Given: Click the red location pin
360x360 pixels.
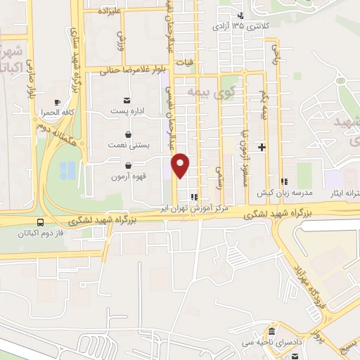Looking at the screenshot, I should tap(181, 165).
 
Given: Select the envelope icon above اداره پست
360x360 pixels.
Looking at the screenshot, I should tap(127, 101).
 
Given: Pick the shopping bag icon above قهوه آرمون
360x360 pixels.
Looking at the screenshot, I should tap(127, 165).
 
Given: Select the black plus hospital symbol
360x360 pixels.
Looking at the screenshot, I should tap(262, 147).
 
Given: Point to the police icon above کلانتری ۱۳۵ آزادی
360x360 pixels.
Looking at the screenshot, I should tap(241, 16).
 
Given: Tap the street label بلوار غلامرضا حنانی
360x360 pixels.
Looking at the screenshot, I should tap(136, 70).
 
